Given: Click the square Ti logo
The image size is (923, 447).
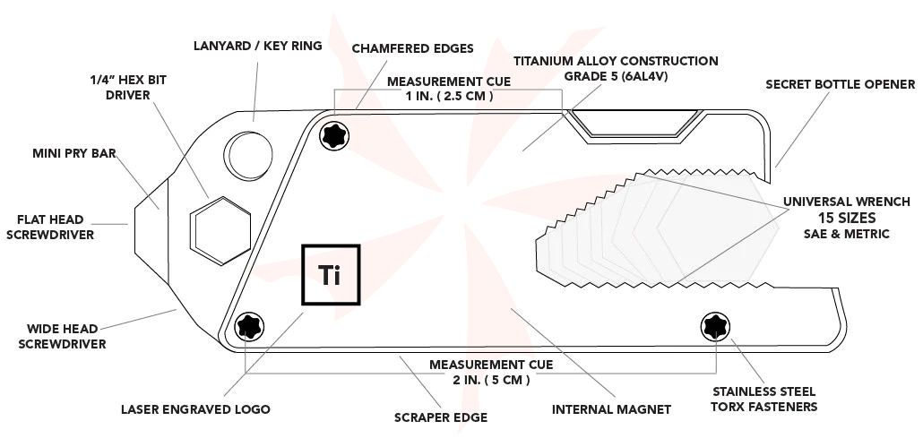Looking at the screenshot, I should point(331,275).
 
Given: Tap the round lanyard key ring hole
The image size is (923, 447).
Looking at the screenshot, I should point(246,154).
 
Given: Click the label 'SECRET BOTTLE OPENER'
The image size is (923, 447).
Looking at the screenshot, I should point(840,85).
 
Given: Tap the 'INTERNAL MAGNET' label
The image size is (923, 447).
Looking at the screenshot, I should point(611,409).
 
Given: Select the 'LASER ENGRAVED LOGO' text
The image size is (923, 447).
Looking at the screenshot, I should point(195,409).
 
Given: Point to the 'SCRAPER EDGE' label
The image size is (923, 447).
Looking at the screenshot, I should point(441,417).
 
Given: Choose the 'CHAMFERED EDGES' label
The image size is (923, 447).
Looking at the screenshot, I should point(412,48).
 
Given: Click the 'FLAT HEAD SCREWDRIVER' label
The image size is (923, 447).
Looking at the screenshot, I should point(55,227).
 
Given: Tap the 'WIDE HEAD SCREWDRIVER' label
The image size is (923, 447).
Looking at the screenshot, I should point(66,336).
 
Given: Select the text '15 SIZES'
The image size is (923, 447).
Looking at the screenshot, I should point(847,218).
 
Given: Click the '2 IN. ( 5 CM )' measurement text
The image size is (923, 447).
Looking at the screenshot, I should point(491,380).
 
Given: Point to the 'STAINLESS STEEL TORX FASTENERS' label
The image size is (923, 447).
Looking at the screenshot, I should point(765,399).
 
